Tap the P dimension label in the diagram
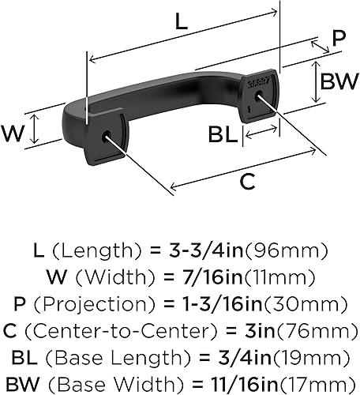point(338,38)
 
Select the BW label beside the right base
point(338,80)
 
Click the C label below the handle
point(247,181)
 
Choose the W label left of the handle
point(14,133)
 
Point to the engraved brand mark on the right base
point(257,81)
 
